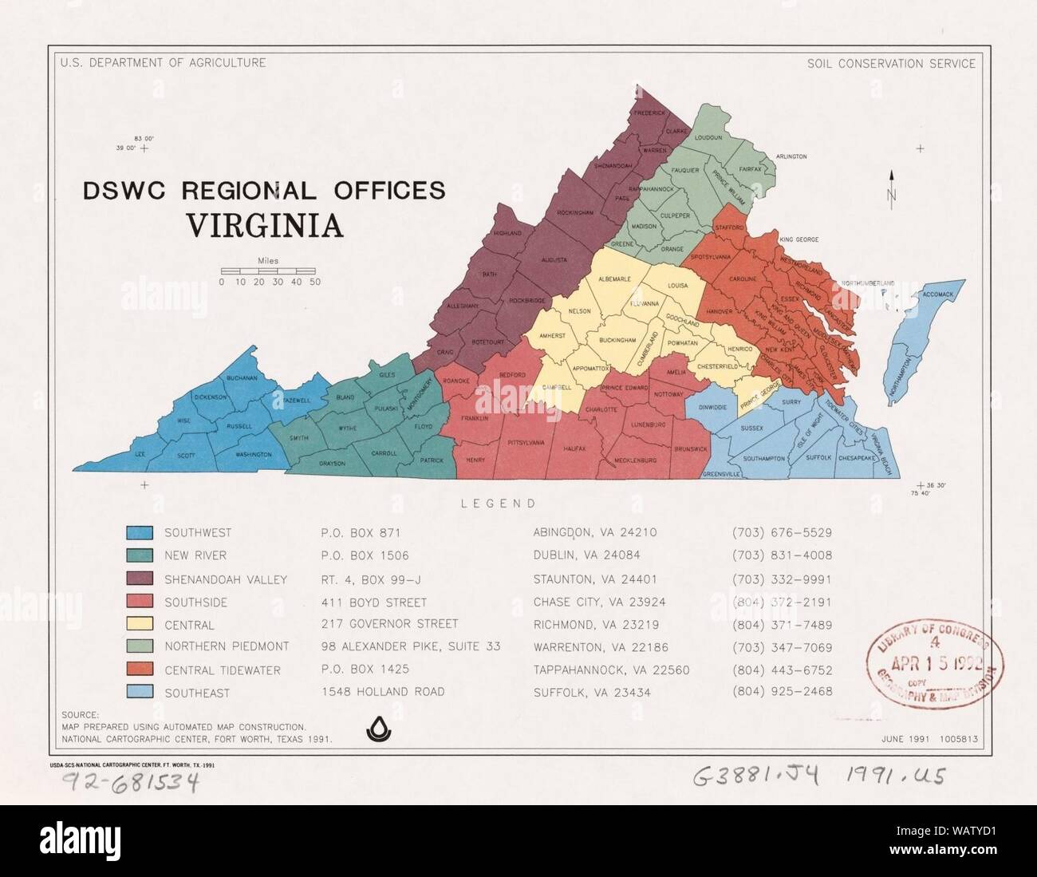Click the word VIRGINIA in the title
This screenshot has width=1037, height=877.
click(x=265, y=225)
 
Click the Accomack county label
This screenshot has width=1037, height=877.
click(x=937, y=294)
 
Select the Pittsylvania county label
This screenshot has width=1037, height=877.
click(x=526, y=442)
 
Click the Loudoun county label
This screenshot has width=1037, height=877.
click(x=708, y=138)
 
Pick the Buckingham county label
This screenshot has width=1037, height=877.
click(x=617, y=340)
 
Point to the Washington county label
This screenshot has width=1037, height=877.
click(x=253, y=455)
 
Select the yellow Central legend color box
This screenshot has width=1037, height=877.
click(x=140, y=625)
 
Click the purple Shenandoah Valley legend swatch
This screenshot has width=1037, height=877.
click(x=140, y=579)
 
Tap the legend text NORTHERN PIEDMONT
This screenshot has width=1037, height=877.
click(x=227, y=646)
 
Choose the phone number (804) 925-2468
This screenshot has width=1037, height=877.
click(x=782, y=692)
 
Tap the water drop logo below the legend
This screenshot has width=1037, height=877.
click(x=375, y=728)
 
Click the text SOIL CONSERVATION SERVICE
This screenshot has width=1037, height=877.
click(x=890, y=63)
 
